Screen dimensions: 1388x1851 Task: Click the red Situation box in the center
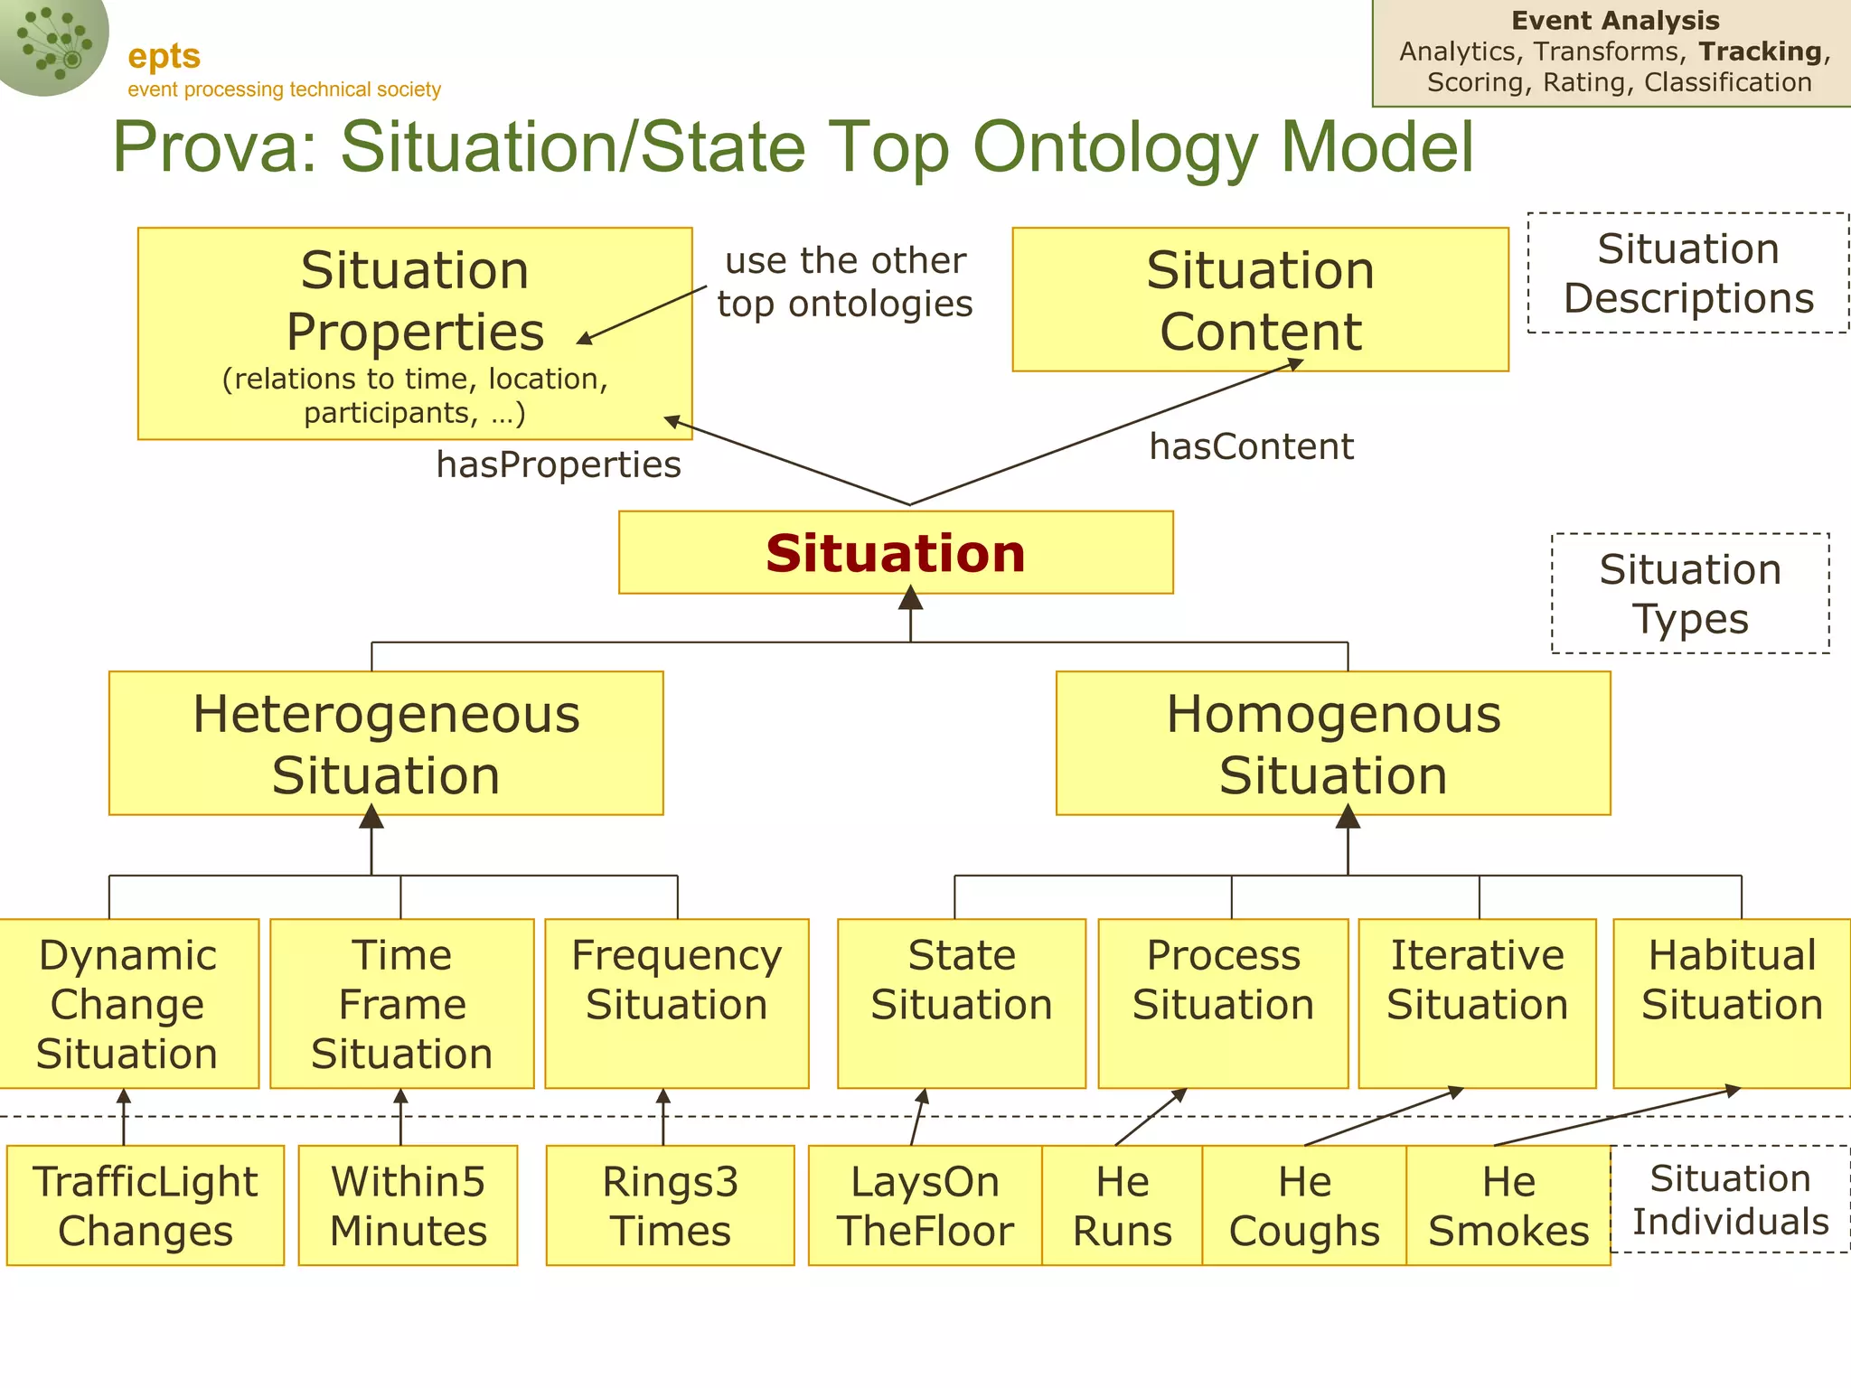point(896,552)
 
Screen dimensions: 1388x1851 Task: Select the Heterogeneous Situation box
point(386,743)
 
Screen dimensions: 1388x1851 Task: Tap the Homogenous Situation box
point(1333,743)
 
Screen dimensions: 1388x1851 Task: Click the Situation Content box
point(1260,299)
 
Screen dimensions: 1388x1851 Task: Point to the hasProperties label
point(559,464)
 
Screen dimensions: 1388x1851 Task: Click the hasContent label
point(1251,446)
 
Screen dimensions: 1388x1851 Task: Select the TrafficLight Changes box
point(146,1205)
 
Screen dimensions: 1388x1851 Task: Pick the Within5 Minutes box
point(409,1205)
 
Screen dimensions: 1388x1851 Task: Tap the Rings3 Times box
point(671,1205)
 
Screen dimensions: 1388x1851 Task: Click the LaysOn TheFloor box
point(925,1205)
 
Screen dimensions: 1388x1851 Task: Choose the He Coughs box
point(1304,1205)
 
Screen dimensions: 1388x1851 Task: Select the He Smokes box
point(1508,1205)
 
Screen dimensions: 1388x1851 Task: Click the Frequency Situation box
point(677,1003)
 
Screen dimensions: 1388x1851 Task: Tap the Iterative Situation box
point(1478,1003)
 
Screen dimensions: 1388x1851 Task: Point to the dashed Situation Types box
point(1690,594)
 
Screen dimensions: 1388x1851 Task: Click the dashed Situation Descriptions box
point(1688,273)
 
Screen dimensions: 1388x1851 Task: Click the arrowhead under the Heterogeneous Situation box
point(371,817)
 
